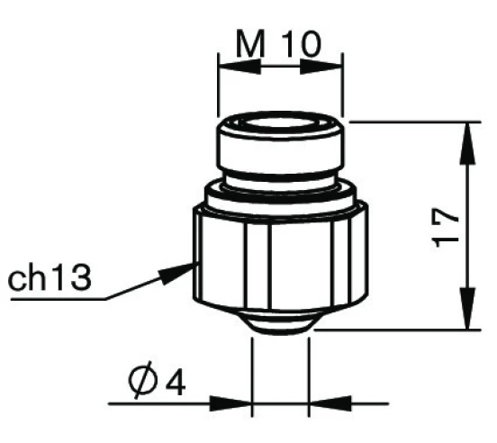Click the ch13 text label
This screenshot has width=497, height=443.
click(50, 278)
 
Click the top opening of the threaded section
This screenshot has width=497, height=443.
click(280, 126)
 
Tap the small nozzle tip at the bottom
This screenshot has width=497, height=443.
click(280, 326)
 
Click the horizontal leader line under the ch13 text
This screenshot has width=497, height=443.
click(54, 298)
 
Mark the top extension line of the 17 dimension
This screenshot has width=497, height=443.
click(410, 120)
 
